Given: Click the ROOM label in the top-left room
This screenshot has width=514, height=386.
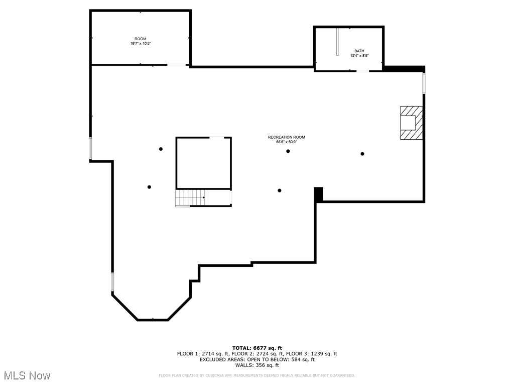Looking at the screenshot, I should click(x=140, y=39).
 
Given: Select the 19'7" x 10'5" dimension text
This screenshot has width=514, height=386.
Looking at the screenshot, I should click(x=140, y=44).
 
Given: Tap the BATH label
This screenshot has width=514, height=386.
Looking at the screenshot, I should click(x=359, y=51).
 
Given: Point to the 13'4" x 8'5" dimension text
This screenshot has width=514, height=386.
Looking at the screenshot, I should click(x=359, y=56).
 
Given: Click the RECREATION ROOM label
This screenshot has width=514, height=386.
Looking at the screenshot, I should click(x=286, y=137).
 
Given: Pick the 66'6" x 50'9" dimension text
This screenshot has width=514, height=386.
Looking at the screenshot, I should click(x=286, y=142).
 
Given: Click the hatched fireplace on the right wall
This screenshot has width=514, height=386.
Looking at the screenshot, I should click(x=411, y=123).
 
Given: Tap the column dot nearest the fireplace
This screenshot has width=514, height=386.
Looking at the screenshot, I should click(x=362, y=154).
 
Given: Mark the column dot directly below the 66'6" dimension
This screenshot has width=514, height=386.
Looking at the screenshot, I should click(x=288, y=151).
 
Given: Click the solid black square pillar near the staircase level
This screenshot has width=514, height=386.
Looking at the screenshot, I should click(x=318, y=194).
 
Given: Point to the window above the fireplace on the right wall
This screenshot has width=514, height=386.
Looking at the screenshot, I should click(x=424, y=83).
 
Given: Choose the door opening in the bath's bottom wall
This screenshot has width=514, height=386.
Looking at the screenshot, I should click(x=362, y=71).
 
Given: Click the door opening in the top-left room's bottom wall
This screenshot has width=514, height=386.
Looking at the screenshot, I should click(x=176, y=64).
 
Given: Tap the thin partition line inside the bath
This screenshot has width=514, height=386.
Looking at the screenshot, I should click(x=337, y=42).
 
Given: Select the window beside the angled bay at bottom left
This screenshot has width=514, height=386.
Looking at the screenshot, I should click(x=112, y=281).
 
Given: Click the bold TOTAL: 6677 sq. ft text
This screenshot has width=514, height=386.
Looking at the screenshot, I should click(x=256, y=348).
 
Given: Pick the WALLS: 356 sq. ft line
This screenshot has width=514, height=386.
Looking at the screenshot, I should click(x=256, y=365).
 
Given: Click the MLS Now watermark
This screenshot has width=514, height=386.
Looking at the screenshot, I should click(x=27, y=375).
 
